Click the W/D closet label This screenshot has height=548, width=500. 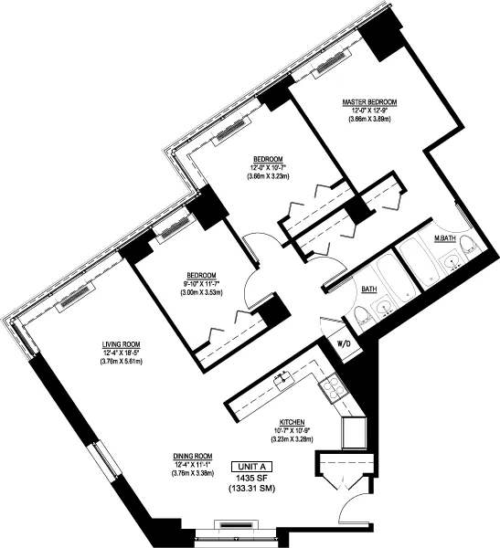tap(345, 343)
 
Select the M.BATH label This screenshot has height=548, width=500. tap(445, 239)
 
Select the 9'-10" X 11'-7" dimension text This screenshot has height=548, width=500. tap(200, 284)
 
